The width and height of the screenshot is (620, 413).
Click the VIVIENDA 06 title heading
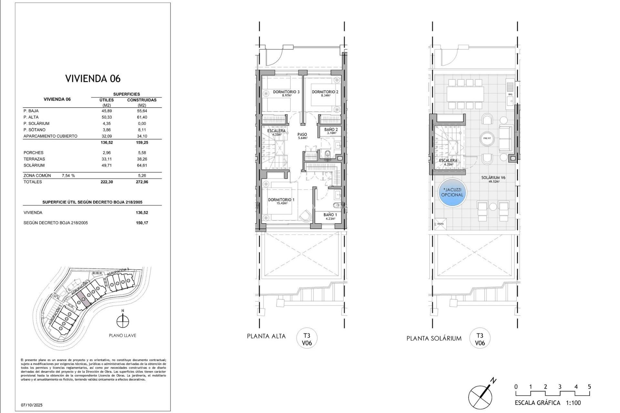pyautogui.click(x=93, y=78)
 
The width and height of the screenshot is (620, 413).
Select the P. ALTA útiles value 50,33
pyautogui.click(x=107, y=117)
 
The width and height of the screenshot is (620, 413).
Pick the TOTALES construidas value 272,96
pyautogui.click(x=142, y=182)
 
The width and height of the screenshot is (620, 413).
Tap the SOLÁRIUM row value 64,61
pyautogui.click(x=142, y=165)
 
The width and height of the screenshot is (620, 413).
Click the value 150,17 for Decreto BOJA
pyautogui.click(x=142, y=223)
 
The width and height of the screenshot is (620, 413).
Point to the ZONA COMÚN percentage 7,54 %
pyautogui.click(x=68, y=176)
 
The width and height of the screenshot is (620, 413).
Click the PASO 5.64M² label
pyautogui.click(x=302, y=136)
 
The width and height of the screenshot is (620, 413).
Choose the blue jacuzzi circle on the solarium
pyautogui.click(x=452, y=193)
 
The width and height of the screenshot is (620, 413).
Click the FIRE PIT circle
pyautogui.click(x=487, y=138)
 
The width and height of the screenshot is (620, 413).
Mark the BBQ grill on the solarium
pyautogui.click(x=510, y=87)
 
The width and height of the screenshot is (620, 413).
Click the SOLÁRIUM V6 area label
pyautogui.click(x=493, y=179)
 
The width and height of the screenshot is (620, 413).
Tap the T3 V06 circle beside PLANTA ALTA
pyautogui.click(x=307, y=339)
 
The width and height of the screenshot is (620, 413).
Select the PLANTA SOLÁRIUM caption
pyautogui.click(x=434, y=338)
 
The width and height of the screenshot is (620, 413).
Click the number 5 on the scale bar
pyautogui.click(x=589, y=387)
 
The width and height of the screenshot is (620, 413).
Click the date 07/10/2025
pyautogui.click(x=32, y=405)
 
